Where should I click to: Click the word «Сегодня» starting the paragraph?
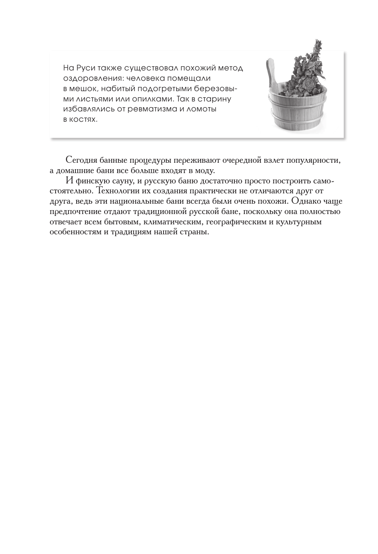pyautogui.click(x=79, y=160)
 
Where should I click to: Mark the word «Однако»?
pyautogui.click(x=306, y=201)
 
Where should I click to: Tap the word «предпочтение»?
pyautogui.click(x=74, y=212)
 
